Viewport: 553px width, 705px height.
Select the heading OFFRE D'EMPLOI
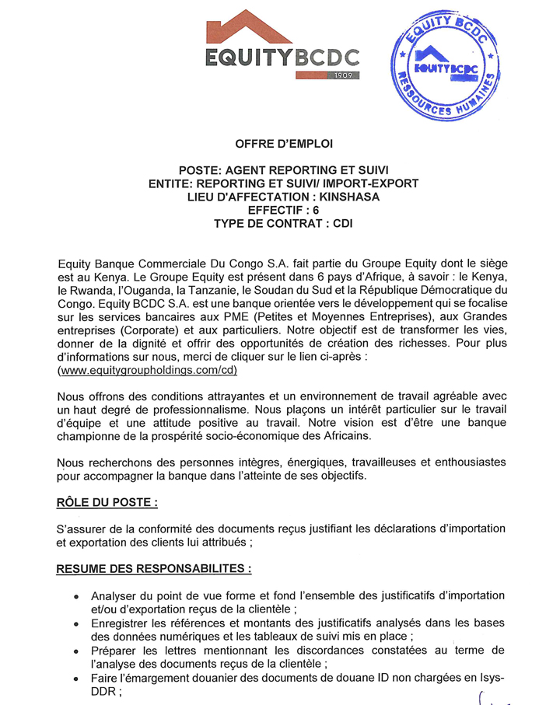point(283,144)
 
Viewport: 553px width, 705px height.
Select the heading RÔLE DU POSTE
point(107,502)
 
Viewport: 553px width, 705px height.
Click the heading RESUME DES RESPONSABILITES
point(154,569)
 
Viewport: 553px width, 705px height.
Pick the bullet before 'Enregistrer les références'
point(75,624)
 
